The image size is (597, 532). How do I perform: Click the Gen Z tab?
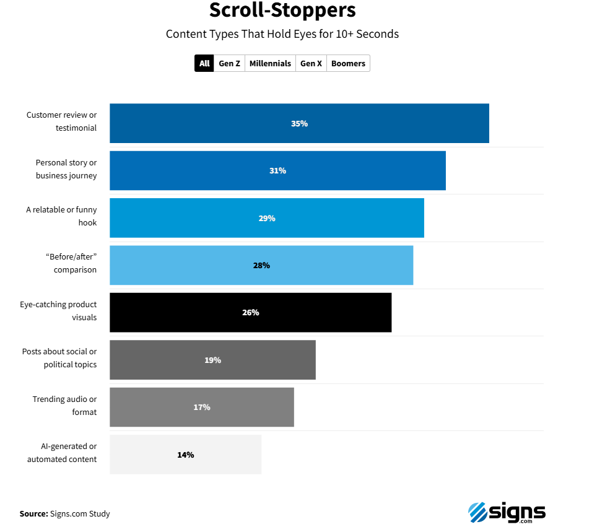pos(229,64)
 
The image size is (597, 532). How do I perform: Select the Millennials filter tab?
pos(270,64)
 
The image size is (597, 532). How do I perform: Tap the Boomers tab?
pos(348,64)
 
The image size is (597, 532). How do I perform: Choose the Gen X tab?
pos(311,64)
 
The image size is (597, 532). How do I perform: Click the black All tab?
pos(204,64)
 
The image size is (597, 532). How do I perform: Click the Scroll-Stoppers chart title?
pos(282,11)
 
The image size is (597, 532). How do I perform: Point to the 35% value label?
pos(299,123)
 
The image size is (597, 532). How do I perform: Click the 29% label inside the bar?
pos(267,218)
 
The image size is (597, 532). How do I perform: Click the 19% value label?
pos(212,360)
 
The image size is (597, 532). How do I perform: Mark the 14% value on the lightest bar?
pos(185,455)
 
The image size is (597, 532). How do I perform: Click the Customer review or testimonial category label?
pos(61,121)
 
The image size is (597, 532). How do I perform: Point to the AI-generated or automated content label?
pos(62,453)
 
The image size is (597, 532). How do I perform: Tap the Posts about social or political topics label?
pos(59,358)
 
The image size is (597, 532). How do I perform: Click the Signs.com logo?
pos(507,512)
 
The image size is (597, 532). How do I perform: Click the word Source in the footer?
pos(33,513)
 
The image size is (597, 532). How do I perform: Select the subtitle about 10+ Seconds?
pos(282,34)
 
